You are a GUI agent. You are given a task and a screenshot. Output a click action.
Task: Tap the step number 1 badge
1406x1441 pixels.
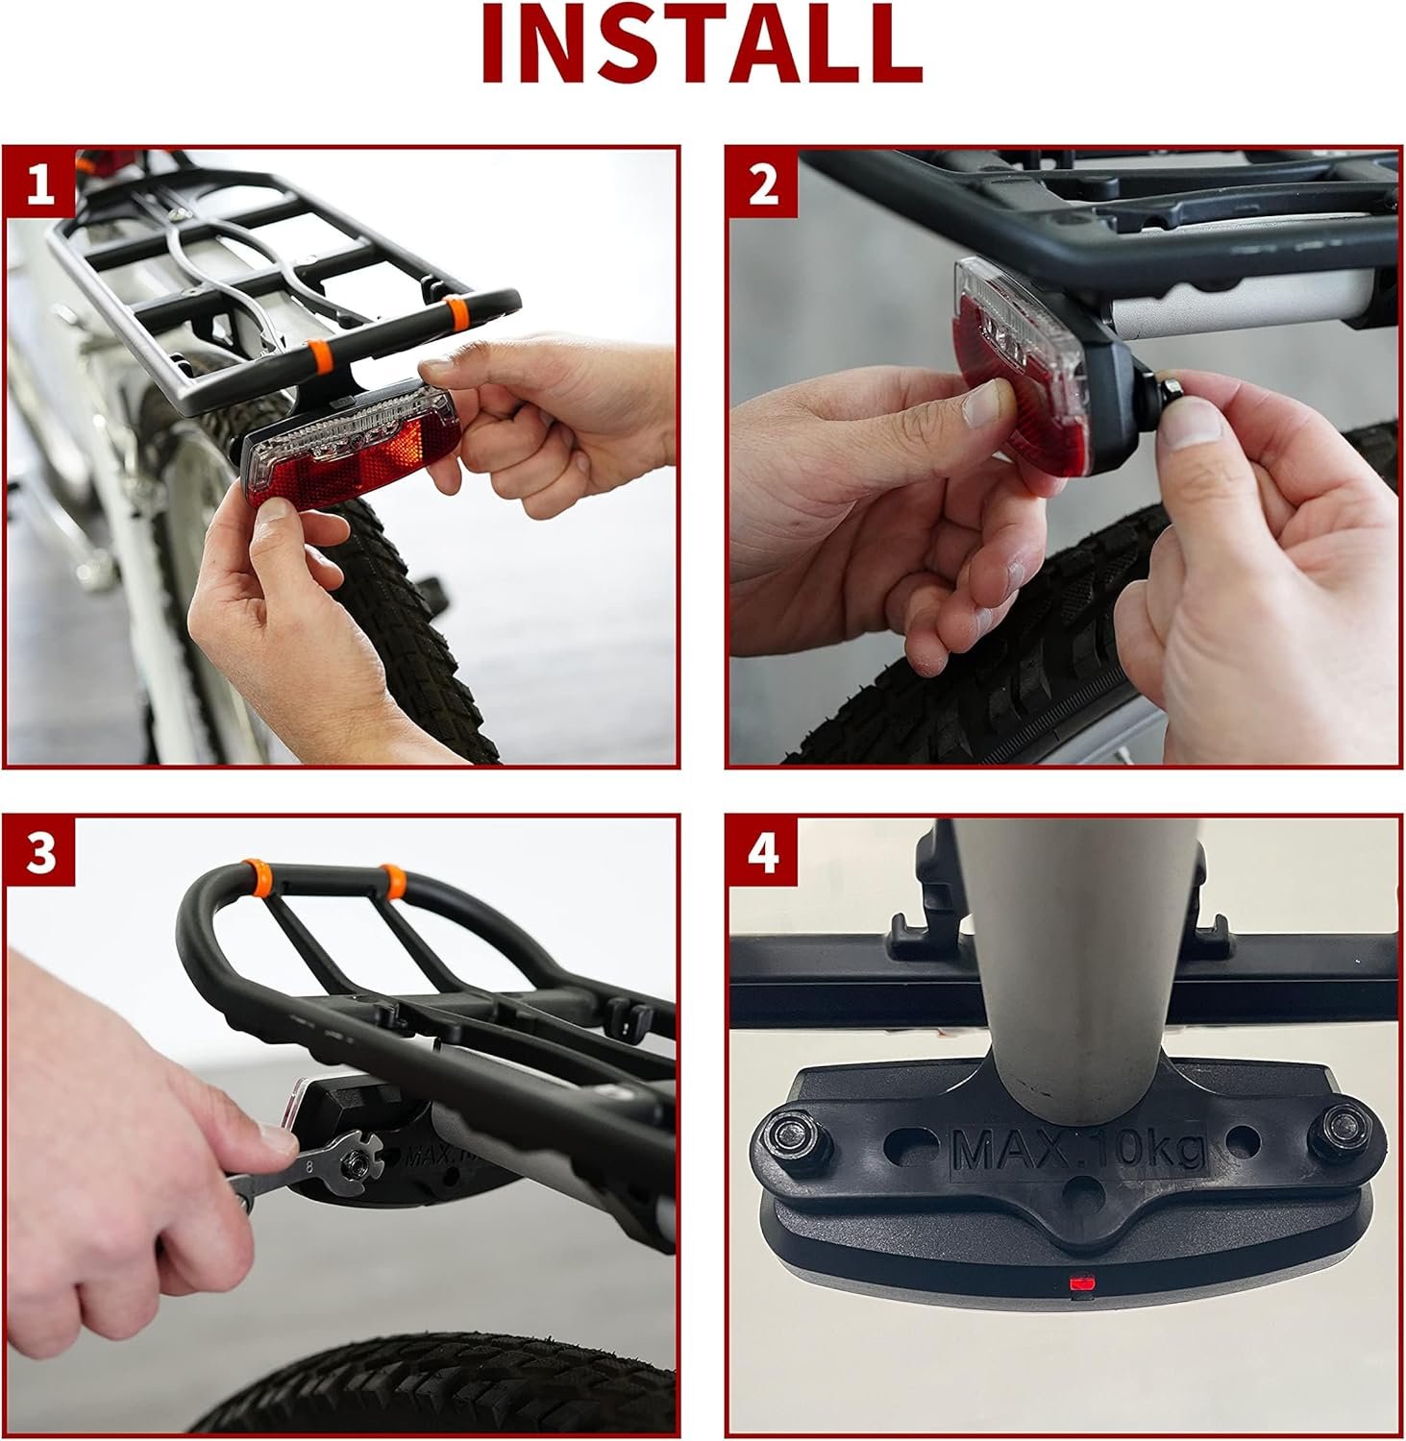click(x=40, y=183)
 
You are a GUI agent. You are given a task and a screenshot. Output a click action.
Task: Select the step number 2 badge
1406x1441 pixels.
click(x=763, y=183)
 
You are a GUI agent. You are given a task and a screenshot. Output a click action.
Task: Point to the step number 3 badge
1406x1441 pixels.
click(x=40, y=853)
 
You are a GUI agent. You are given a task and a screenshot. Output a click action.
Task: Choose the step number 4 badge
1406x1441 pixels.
click(x=763, y=853)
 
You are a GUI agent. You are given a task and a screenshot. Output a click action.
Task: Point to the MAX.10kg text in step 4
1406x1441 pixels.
click(x=1078, y=1150)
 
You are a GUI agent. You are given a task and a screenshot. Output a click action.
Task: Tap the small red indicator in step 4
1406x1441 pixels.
click(x=1078, y=1282)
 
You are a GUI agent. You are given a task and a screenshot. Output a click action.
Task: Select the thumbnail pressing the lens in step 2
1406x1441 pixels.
click(x=986, y=402)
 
